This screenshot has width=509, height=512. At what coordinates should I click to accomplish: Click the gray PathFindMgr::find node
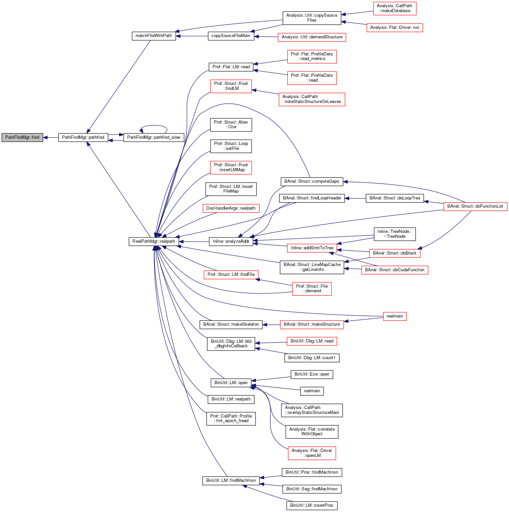22,137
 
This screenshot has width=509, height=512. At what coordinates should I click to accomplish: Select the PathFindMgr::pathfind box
83,137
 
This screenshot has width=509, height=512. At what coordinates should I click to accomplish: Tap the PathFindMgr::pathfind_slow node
153,137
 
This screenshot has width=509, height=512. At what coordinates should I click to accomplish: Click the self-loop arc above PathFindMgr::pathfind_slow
154,126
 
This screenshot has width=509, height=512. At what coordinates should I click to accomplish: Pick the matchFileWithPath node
153,36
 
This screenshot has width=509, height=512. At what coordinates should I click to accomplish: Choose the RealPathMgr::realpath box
154,241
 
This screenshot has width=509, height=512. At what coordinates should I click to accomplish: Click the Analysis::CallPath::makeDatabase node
395,9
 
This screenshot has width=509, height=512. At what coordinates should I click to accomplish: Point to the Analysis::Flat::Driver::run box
395,28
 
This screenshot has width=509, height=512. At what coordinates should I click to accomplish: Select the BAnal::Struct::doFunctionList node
475,206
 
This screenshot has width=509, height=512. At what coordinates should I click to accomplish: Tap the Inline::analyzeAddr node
231,242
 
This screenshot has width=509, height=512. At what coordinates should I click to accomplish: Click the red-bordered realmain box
395,316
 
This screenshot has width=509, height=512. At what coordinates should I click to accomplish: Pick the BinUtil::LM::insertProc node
312,505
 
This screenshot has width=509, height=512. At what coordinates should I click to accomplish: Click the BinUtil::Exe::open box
312,374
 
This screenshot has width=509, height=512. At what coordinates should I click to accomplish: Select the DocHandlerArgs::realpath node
231,208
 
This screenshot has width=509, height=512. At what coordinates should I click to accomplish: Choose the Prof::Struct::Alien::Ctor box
231,125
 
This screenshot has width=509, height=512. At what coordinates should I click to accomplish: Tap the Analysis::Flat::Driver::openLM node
312,453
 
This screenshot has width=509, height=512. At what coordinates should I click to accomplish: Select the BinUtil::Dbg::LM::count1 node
312,358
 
